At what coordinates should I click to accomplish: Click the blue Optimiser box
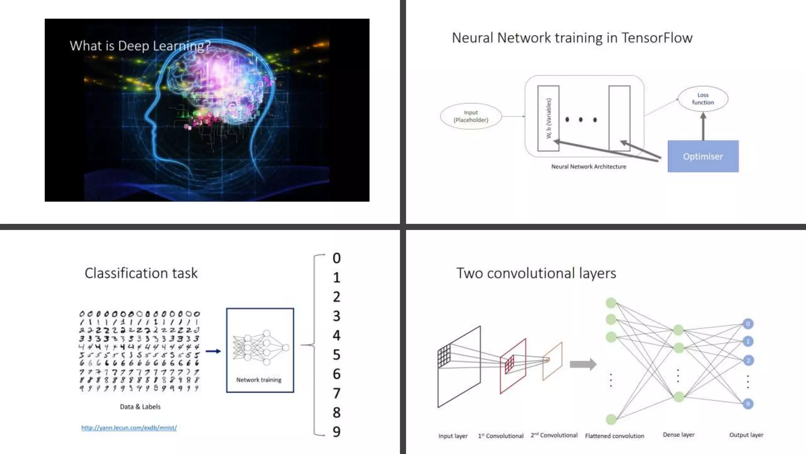pyautogui.click(x=703, y=156)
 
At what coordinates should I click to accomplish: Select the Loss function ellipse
pyautogui.click(x=703, y=99)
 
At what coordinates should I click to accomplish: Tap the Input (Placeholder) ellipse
pyautogui.click(x=471, y=116)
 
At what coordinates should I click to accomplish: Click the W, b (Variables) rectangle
pyautogui.click(x=548, y=118)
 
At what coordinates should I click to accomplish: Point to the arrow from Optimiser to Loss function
pyautogui.click(x=703, y=127)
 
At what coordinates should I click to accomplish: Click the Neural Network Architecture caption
pyautogui.click(x=588, y=167)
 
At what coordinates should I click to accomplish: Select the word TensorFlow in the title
pyautogui.click(x=657, y=38)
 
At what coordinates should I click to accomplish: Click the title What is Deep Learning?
pyautogui.click(x=140, y=46)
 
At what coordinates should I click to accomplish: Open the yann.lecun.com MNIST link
pyautogui.click(x=129, y=428)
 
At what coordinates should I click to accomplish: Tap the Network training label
pyautogui.click(x=259, y=380)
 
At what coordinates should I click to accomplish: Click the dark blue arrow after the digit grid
pyautogui.click(x=213, y=351)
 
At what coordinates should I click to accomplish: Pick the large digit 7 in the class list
pyautogui.click(x=336, y=393)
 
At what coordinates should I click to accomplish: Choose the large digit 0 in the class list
pyautogui.click(x=336, y=258)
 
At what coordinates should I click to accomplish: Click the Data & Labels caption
pyautogui.click(x=140, y=407)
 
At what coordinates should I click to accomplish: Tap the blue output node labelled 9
pyautogui.click(x=748, y=404)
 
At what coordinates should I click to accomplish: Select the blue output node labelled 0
pyautogui.click(x=748, y=324)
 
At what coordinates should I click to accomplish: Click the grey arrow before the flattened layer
pyautogui.click(x=583, y=364)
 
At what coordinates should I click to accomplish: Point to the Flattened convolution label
pyautogui.click(x=614, y=436)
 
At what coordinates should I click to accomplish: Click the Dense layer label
pyautogui.click(x=678, y=435)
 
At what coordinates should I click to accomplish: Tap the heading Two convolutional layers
pyautogui.click(x=536, y=273)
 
